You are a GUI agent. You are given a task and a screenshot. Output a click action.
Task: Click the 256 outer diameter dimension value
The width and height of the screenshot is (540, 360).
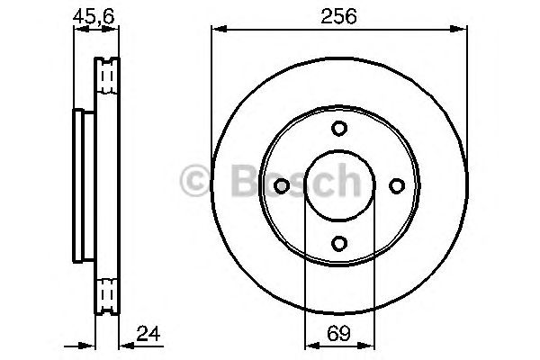(337, 15)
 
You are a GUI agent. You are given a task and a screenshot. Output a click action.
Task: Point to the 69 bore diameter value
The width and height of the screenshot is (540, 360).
(337, 335)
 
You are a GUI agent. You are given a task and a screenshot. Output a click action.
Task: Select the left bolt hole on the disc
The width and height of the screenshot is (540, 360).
(281, 184)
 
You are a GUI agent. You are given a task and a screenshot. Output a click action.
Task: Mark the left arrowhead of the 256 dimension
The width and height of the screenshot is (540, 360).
(216, 31)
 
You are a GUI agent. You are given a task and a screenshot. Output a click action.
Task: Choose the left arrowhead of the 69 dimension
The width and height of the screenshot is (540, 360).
(310, 346)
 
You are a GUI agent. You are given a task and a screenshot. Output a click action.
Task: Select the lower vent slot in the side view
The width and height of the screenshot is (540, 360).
(107, 292)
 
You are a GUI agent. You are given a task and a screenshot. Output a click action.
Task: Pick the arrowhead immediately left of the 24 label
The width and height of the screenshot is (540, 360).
(124, 346)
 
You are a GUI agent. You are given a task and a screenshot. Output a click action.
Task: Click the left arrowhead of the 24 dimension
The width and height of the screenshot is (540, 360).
(90, 346)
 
